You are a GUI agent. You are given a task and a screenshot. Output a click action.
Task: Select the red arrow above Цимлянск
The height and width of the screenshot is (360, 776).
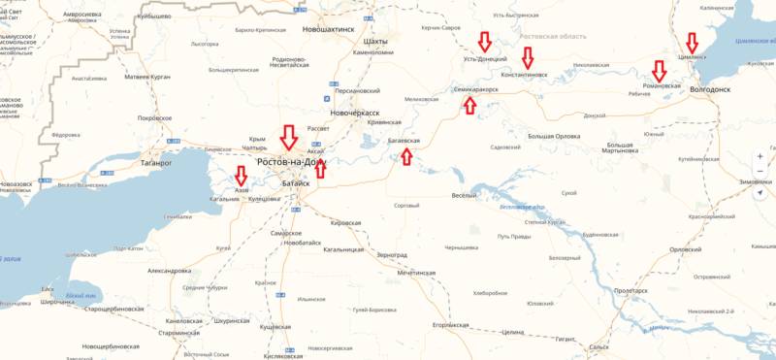click(x=692, y=43)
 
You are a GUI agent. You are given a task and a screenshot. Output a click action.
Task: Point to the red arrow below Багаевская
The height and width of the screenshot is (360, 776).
click(x=405, y=158)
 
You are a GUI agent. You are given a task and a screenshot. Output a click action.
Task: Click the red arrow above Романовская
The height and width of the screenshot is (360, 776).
click(x=660, y=71)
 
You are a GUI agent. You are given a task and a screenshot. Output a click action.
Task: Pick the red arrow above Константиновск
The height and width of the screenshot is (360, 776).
click(x=528, y=58)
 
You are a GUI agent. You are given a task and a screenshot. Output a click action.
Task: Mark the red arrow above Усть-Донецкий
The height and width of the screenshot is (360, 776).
click(x=484, y=43)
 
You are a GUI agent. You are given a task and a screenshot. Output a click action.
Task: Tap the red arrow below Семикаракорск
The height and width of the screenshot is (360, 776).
click(x=471, y=105)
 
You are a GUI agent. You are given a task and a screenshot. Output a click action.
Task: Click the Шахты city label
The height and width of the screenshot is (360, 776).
click(x=373, y=42)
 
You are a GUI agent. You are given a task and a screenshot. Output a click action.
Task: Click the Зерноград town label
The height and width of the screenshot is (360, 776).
click(x=392, y=254)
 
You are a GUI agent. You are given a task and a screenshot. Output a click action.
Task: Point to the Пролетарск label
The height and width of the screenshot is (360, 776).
click(x=633, y=291)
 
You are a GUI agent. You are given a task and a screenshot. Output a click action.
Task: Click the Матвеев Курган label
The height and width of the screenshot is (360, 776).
click(x=147, y=76)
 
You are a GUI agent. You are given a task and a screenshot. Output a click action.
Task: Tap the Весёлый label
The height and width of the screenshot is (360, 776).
click(x=465, y=197)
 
